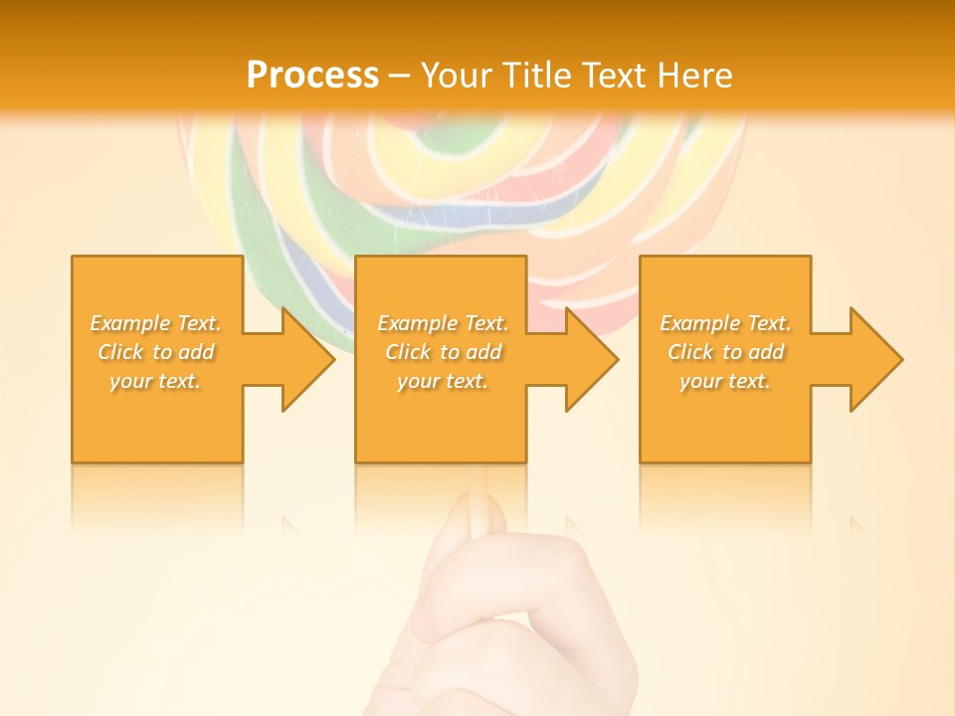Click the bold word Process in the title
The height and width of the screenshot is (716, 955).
tap(312, 75)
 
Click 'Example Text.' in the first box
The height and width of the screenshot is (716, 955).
tap(156, 323)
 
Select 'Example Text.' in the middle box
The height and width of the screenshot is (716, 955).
tap(443, 323)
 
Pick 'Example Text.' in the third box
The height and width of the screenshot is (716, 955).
tap(725, 323)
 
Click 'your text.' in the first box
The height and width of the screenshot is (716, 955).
tap(155, 381)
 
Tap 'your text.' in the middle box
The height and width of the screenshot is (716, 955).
tap(442, 381)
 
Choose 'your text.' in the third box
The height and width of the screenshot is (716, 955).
tap(725, 381)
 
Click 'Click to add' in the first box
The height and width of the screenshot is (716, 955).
tap(156, 352)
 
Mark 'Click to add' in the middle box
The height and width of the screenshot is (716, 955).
tap(443, 352)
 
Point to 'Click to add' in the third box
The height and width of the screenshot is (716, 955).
tap(725, 352)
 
